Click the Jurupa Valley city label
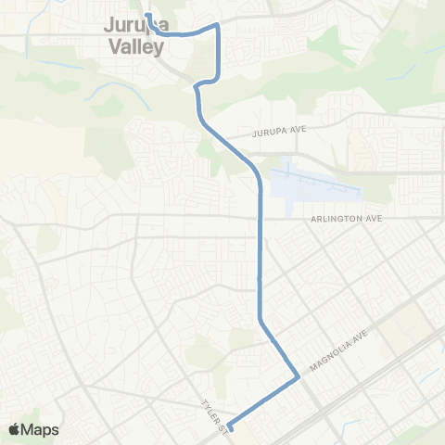[x=133, y=36]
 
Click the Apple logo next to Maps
[x=14, y=429]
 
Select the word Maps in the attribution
[x=40, y=429]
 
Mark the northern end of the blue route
[x=146, y=15]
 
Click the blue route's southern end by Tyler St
[x=230, y=427]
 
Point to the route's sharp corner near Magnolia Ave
[x=297, y=377]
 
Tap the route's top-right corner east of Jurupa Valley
[x=218, y=26]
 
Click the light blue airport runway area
[x=315, y=180]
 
